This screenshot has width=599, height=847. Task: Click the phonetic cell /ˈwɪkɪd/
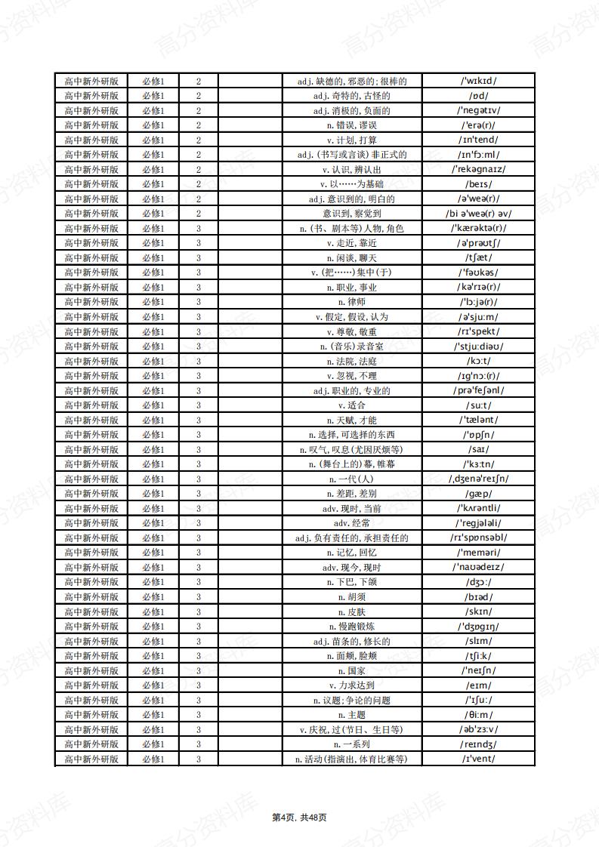(478, 81)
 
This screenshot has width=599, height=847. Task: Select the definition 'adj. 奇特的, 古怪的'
(351, 96)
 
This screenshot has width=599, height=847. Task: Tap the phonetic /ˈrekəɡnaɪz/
(478, 169)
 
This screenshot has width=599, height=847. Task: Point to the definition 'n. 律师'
(351, 302)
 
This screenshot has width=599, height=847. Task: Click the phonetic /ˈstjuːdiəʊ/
(478, 346)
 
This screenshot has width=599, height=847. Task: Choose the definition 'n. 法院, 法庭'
(351, 361)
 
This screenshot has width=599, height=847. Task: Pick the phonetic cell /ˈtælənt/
(478, 420)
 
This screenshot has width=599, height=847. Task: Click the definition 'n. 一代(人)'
(351, 479)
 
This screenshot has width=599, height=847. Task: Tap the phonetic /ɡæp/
(478, 494)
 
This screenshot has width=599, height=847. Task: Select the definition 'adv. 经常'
(351, 523)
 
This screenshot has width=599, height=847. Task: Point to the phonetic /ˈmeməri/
(478, 553)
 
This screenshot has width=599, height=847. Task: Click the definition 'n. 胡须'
(351, 597)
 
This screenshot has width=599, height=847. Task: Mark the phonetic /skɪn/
(478, 611)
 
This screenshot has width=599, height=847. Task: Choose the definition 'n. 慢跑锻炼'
(351, 627)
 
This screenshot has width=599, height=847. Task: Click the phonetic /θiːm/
(478, 715)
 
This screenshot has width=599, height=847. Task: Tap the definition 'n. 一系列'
(351, 744)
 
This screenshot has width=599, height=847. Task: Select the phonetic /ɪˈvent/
(478, 759)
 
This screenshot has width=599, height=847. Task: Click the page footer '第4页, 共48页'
(299, 817)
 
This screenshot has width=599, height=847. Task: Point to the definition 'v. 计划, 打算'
(351, 140)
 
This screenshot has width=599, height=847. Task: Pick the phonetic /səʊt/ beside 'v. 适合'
(478, 405)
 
